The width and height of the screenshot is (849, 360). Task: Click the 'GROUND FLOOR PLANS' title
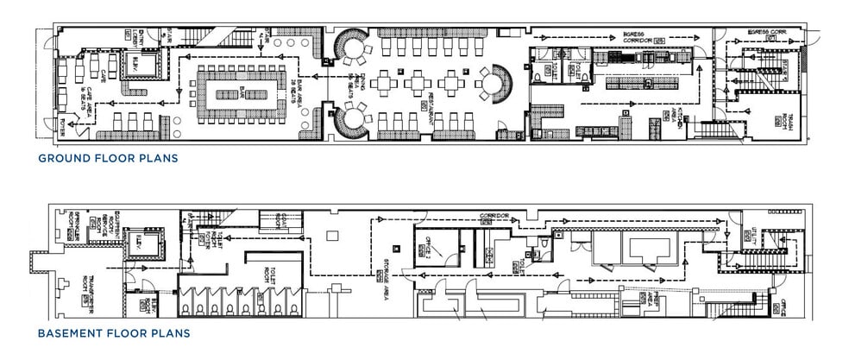point(107,159)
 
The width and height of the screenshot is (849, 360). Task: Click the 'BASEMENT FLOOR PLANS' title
point(114,332)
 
